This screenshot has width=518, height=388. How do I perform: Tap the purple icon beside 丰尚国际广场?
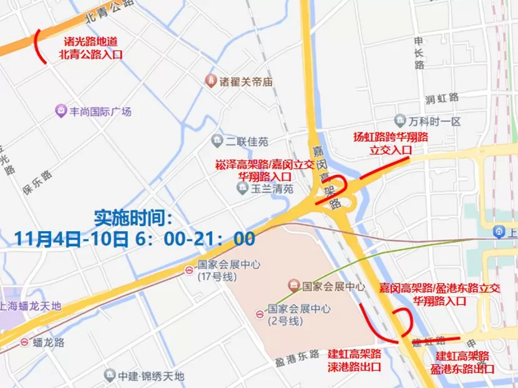click(x=61, y=111)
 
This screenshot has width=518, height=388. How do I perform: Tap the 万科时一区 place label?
click(x=436, y=121)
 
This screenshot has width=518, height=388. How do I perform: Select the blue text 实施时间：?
click(x=133, y=219)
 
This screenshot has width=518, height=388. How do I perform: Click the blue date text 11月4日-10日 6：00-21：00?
click(x=135, y=238)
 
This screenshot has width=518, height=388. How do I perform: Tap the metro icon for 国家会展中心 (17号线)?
click(x=188, y=271)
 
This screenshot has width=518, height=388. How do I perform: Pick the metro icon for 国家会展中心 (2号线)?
click(x=259, y=314)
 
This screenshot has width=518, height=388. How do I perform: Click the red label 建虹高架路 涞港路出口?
click(x=354, y=361)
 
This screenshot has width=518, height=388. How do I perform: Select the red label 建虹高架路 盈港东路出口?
click(x=462, y=362)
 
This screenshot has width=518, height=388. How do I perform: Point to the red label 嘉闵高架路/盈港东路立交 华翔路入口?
click(x=440, y=294)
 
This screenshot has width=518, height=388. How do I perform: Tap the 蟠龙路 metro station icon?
click(x=24, y=342)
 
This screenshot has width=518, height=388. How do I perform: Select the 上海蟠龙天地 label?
click(x=31, y=306)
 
